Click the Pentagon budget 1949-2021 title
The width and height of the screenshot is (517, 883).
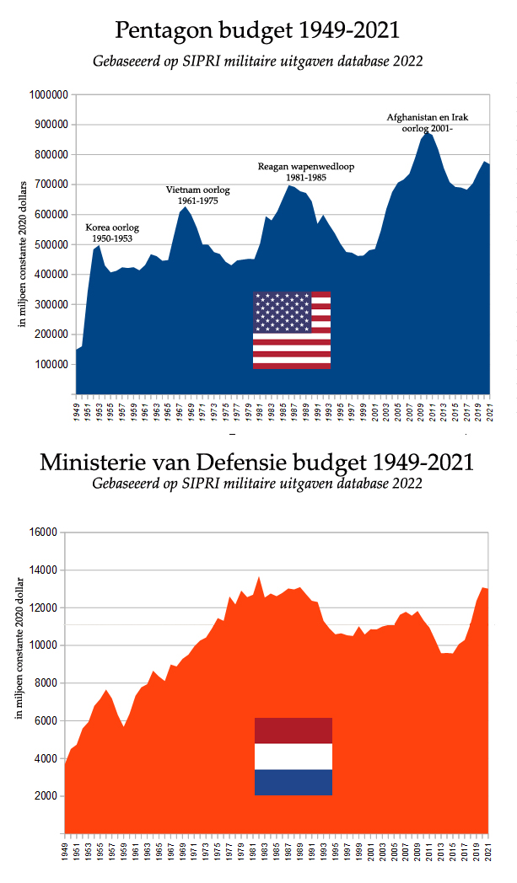click(257, 31)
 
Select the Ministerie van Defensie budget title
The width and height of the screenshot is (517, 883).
click(257, 463)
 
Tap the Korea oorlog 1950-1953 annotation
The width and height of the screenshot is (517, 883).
click(112, 233)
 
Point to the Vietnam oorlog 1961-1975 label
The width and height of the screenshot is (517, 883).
click(198, 195)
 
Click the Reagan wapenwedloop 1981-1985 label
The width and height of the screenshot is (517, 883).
click(305, 173)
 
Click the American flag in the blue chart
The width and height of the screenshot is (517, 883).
click(291, 329)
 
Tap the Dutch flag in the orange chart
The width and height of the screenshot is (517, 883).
click(294, 756)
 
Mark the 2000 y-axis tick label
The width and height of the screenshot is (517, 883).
click(46, 796)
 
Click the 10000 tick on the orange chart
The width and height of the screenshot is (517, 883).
click(44, 645)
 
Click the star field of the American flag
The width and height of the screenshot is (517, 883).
click(282, 312)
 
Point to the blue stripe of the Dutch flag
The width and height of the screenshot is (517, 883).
click(294, 782)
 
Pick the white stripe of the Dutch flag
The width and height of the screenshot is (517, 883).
click(294, 756)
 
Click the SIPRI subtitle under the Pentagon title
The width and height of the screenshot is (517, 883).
click(257, 61)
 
